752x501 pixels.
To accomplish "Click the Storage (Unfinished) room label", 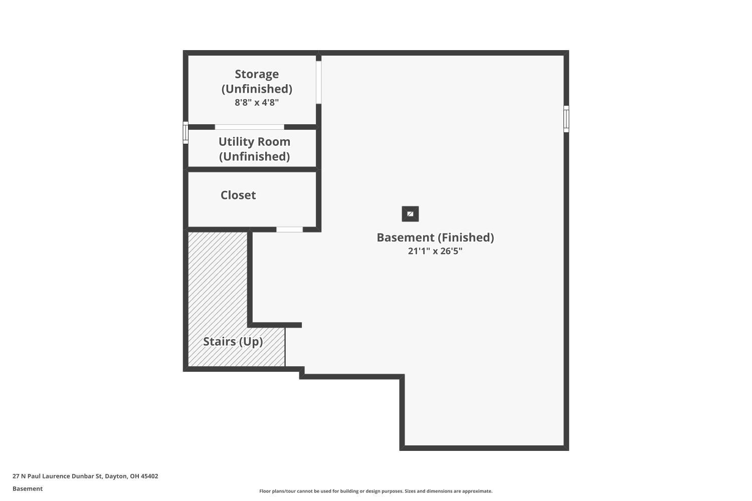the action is point(257,81).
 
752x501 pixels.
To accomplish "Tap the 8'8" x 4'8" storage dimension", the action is point(257,102).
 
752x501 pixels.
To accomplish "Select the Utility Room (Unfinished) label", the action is point(255,149).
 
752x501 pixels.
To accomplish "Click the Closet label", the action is point(238,195).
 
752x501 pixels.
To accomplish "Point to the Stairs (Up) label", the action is point(233,342).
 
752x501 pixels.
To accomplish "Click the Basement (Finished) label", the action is point(436,237).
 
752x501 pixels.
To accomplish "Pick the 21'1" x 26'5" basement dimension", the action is point(435,251).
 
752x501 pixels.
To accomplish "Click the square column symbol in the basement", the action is point(410,214).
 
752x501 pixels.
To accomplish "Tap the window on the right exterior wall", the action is point(567,119).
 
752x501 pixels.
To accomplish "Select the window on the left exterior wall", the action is point(185,133).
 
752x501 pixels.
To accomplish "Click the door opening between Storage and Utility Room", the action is point(250,127).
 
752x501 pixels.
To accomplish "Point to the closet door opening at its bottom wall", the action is point(289,229).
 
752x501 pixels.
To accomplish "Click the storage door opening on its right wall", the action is point(318,82).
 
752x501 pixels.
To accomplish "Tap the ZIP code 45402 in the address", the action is point(149,476).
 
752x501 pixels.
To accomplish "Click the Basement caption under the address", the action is point(28,488).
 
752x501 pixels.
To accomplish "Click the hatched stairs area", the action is point(218,299).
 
